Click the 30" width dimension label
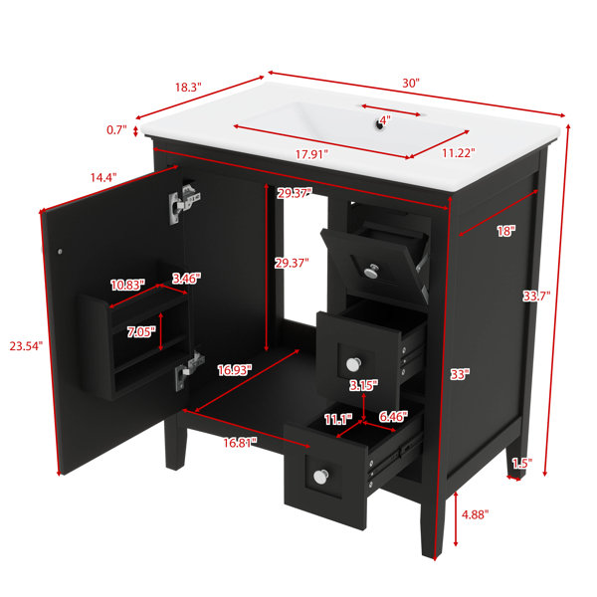pos(411,83)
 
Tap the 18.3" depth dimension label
pos(188,88)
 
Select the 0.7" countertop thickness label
pos(116,130)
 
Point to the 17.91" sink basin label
pos(311,154)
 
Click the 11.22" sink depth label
pos(459,153)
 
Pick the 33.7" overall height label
pos(536,296)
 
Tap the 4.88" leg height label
pos(475,514)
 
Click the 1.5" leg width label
pos(522,464)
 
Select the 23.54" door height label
pos(26,346)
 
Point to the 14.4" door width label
pos(103,177)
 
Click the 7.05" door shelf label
pos(141,332)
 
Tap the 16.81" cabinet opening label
pos(240,443)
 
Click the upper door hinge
pos(183,204)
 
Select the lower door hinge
pos(189,370)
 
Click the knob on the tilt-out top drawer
pos(371,271)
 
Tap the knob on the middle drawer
pos(353,364)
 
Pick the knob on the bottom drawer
pos(321,477)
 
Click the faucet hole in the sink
pos(379,124)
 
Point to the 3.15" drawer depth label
pos(363,385)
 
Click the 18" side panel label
pos(506,231)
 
